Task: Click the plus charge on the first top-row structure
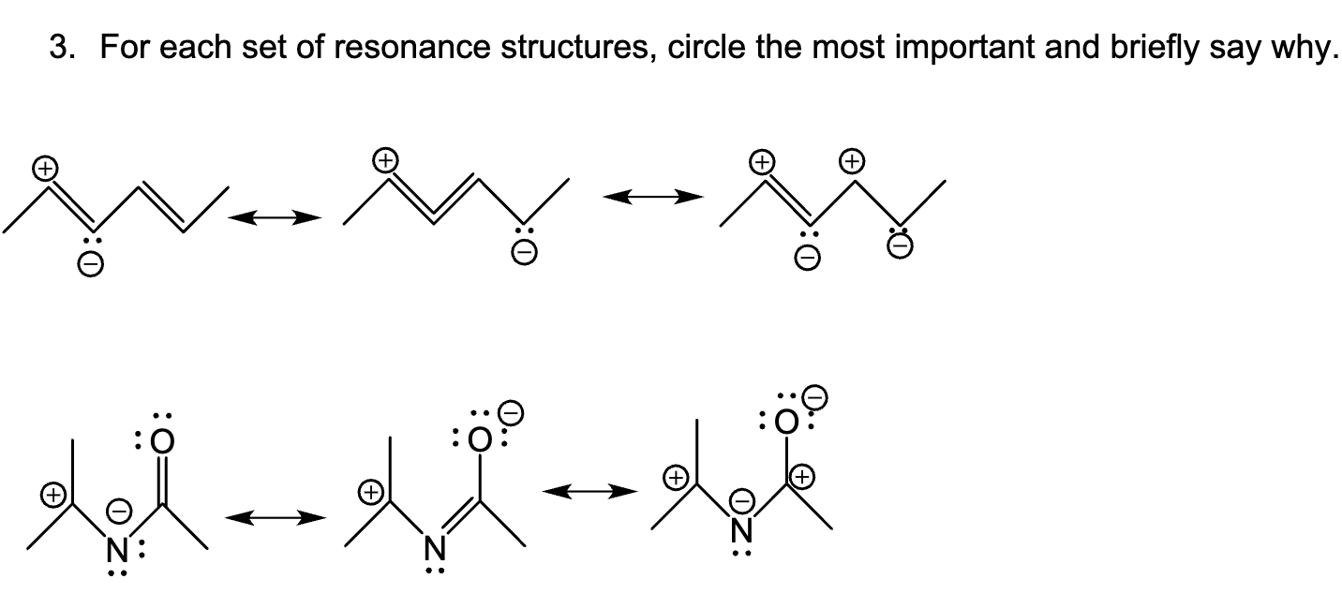click(x=43, y=169)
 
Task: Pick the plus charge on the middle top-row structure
click(x=385, y=160)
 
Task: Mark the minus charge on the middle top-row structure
click(x=527, y=252)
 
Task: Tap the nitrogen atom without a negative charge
click(x=433, y=544)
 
